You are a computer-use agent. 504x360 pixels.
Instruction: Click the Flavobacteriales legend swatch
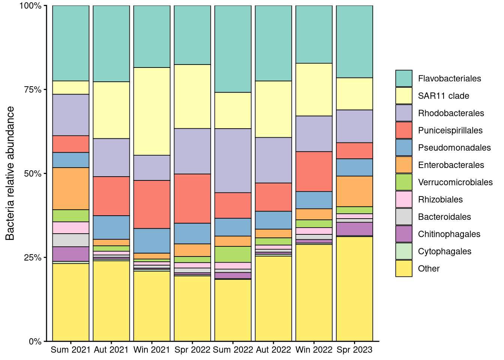(x=403, y=78)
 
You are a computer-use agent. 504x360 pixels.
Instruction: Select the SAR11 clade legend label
(x=443, y=96)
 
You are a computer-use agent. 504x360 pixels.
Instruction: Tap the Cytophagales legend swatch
(x=403, y=251)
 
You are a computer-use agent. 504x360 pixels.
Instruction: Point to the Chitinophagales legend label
(x=449, y=234)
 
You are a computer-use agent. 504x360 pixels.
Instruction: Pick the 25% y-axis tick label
(x=33, y=258)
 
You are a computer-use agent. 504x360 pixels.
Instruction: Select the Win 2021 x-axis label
(x=151, y=350)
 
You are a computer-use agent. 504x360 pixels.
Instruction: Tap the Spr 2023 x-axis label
(x=354, y=350)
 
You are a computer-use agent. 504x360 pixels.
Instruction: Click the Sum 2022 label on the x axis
(x=233, y=350)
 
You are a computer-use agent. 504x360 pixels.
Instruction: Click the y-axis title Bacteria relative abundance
(x=10, y=173)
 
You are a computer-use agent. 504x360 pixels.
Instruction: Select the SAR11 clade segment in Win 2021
(x=152, y=111)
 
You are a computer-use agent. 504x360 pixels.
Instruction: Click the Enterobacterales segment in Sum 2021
(x=71, y=189)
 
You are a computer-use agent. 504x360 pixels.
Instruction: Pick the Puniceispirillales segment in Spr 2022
(x=192, y=198)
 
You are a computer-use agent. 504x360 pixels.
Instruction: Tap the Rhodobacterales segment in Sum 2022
(x=233, y=160)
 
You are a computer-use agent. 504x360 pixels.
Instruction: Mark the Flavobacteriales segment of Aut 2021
(x=111, y=43)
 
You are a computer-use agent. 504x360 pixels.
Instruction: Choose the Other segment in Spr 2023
(x=354, y=289)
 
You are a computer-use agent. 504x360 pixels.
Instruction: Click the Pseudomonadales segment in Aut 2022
(x=273, y=220)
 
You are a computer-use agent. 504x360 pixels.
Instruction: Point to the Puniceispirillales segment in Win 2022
(x=314, y=171)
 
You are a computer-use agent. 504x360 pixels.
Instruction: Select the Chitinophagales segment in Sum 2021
(x=71, y=254)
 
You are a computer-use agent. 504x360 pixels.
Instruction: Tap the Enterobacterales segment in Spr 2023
(x=354, y=191)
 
